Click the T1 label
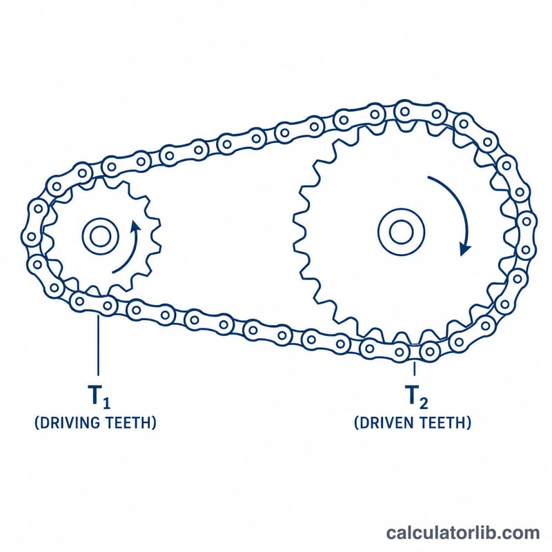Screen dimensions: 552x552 click(x=99, y=397)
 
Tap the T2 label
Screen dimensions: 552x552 click(x=417, y=397)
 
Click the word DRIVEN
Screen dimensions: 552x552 click(x=385, y=422)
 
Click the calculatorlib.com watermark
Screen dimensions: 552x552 click(x=463, y=533)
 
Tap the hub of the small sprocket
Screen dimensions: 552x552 click(x=100, y=236)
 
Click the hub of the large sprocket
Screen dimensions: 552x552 click(x=402, y=233)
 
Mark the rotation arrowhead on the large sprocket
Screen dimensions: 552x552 click(x=465, y=249)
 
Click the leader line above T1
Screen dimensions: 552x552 click(x=98, y=345)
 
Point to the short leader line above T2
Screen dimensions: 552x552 click(x=415, y=368)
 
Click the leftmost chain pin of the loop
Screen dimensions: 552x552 click(x=31, y=236)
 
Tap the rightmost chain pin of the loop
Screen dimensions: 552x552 click(x=526, y=221)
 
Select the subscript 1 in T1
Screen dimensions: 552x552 click(x=107, y=402)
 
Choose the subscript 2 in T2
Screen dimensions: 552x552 click(x=424, y=403)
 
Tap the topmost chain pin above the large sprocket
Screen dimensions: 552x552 click(x=405, y=112)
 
